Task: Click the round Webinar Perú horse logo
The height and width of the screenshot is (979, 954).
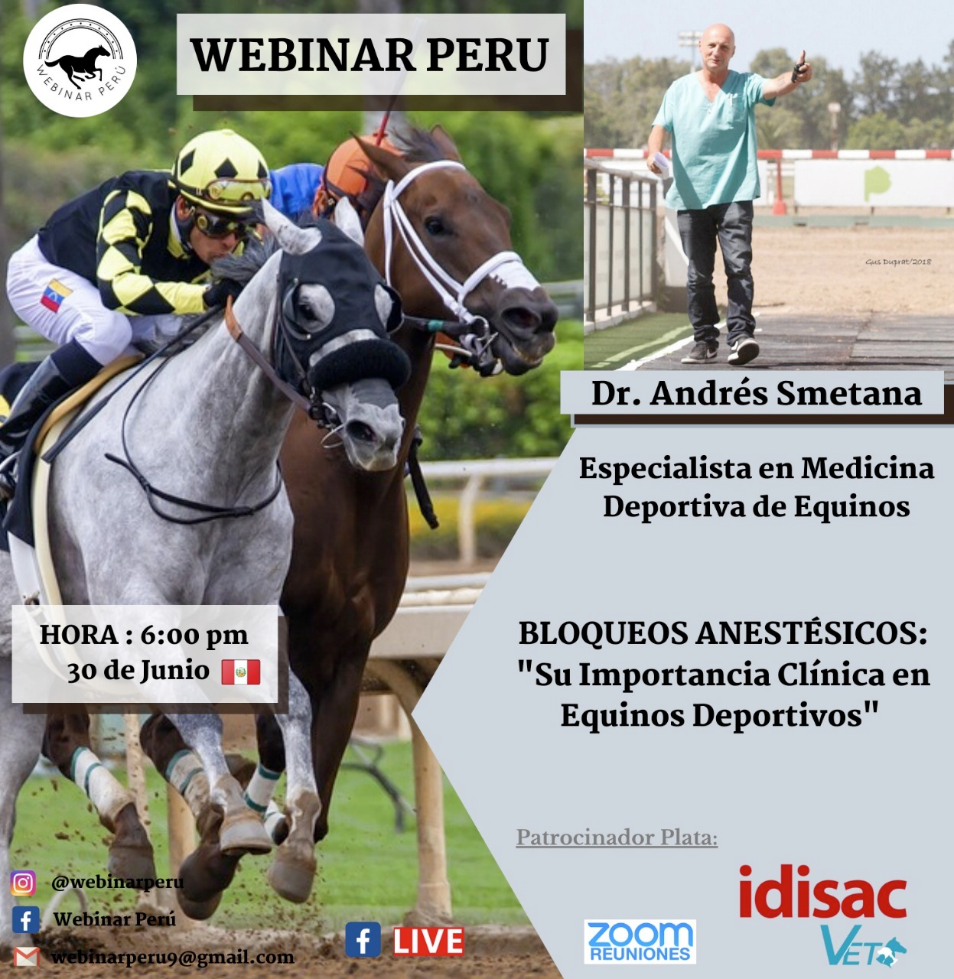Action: (x=80, y=61)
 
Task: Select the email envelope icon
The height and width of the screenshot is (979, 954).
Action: (x=27, y=957)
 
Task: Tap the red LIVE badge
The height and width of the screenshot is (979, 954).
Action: (x=428, y=942)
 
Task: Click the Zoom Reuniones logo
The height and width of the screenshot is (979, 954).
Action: (x=640, y=942)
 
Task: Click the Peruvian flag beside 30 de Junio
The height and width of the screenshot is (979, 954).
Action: (x=241, y=672)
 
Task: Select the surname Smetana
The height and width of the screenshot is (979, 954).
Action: (x=849, y=393)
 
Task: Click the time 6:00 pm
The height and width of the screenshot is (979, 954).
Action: (x=194, y=636)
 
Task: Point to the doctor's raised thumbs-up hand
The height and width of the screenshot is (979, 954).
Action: (x=801, y=69)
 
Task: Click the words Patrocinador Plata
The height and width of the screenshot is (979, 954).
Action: (x=617, y=838)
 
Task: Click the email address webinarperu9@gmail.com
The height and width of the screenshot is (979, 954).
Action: (x=173, y=958)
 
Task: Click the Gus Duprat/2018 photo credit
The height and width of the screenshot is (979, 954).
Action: (x=898, y=262)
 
